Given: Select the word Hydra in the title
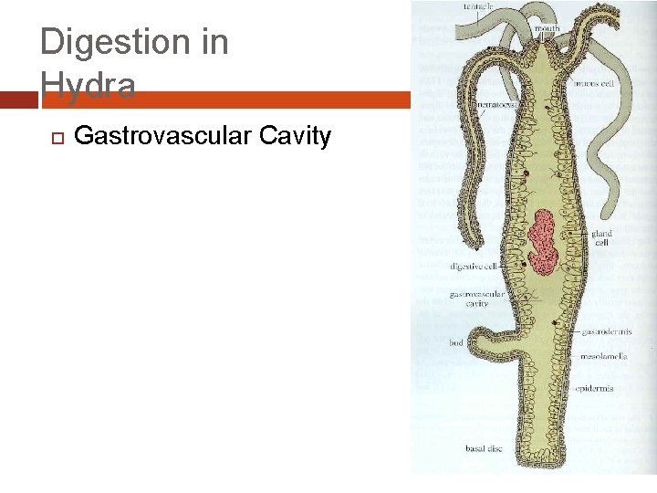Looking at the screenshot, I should (89, 86).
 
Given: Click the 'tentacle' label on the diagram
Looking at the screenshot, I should (478, 6).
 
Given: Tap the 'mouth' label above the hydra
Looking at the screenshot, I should (547, 29).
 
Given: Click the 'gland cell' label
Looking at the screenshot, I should (601, 238).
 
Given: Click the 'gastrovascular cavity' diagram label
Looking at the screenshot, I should (476, 299).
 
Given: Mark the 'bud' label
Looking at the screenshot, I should (455, 343).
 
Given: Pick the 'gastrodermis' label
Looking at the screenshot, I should (607, 332).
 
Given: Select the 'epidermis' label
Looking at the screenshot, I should (594, 388).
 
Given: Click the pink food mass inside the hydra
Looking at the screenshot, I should (545, 241).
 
